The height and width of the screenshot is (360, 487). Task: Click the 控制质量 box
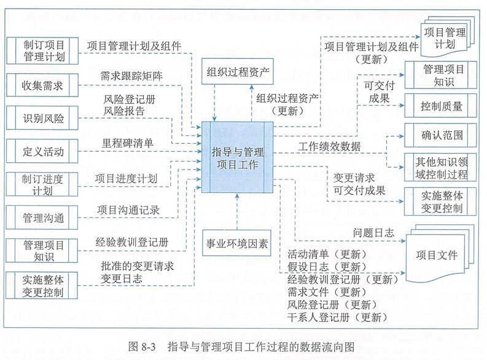[440, 106]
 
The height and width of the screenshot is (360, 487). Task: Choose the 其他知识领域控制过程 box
[440, 167]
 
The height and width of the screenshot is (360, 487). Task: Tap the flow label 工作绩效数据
[329, 147]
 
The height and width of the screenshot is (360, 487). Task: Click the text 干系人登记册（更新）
[337, 317]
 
